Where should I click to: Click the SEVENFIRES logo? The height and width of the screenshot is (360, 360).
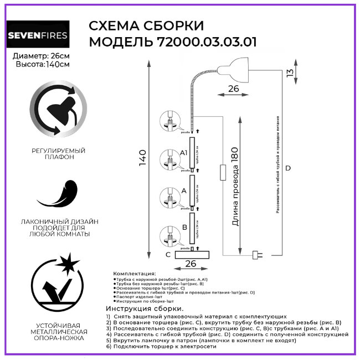[x=38, y=36]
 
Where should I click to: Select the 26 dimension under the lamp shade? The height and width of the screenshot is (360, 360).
[x=233, y=88]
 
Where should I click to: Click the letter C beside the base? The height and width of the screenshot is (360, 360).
[x=167, y=254]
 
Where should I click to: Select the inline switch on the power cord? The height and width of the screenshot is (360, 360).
[x=222, y=172]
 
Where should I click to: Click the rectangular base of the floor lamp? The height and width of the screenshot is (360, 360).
[x=192, y=254]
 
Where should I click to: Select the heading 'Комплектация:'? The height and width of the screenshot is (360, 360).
[x=135, y=274]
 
